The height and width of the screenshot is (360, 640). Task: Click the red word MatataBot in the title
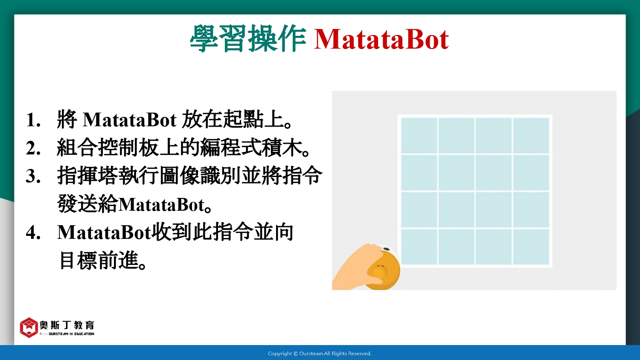click(381, 39)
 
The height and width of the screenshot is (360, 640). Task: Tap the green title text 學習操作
click(248, 38)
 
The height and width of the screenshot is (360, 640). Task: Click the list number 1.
click(33, 119)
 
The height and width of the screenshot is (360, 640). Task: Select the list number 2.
click(33, 148)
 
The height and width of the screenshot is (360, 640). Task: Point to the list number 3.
click(33, 176)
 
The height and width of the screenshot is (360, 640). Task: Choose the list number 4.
click(33, 232)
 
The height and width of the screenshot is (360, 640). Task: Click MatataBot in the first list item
click(129, 119)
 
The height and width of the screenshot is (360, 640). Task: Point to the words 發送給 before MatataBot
click(87, 203)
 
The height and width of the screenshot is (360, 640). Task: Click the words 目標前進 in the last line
click(99, 261)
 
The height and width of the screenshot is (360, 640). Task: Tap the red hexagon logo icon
click(29, 328)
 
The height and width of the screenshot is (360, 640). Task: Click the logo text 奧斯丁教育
click(67, 325)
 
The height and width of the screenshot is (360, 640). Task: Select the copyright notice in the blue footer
click(320, 354)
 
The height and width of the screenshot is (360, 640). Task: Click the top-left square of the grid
click(419, 136)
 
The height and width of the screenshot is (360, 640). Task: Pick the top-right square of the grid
click(531, 136)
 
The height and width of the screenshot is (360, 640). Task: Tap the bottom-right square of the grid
click(531, 247)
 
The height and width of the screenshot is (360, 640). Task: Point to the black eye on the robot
click(386, 249)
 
